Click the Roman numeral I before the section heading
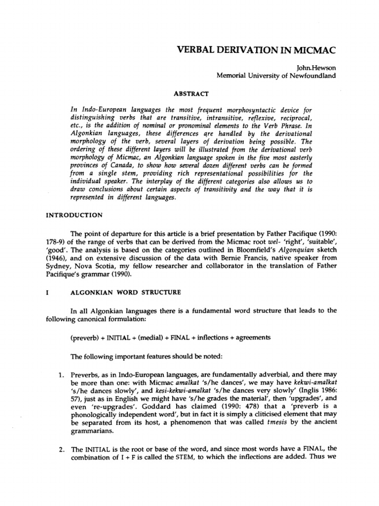point(46,293)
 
